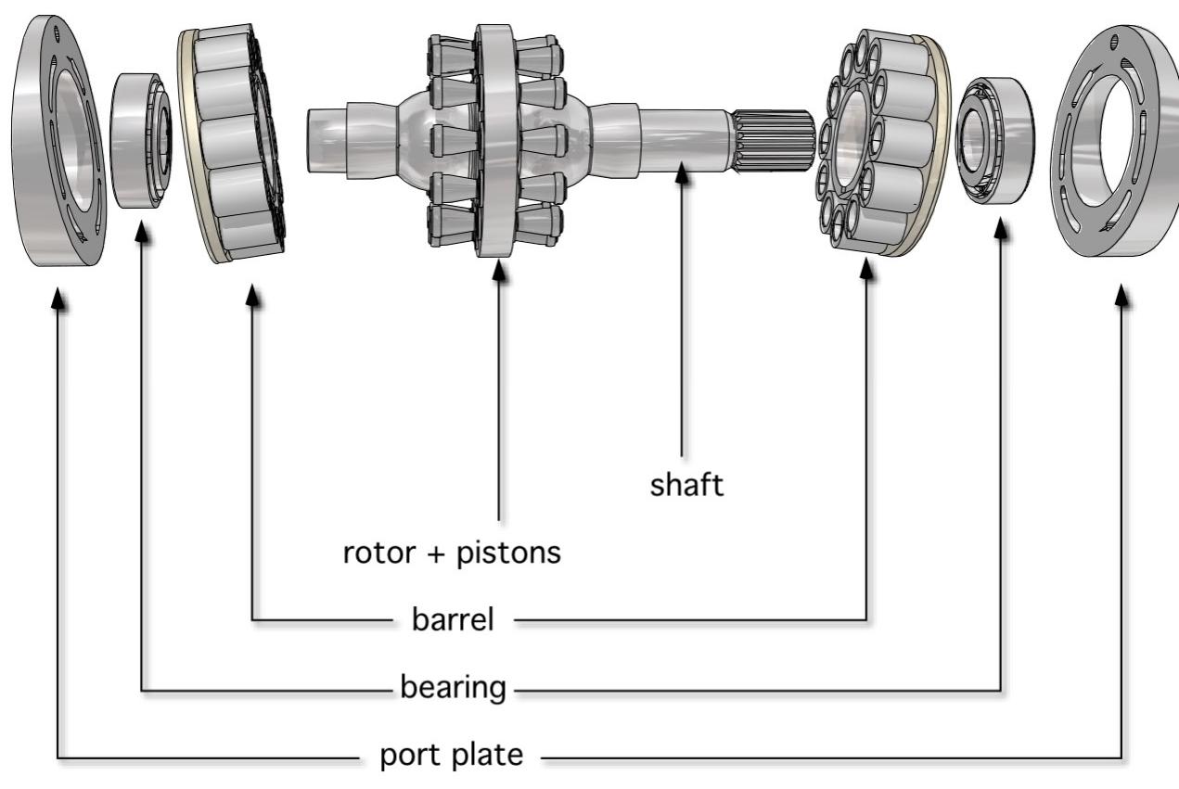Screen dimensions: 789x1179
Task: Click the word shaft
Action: (686, 486)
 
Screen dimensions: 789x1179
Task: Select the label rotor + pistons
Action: (452, 553)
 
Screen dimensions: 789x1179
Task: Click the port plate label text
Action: (452, 756)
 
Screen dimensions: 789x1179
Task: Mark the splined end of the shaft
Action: (772, 139)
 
